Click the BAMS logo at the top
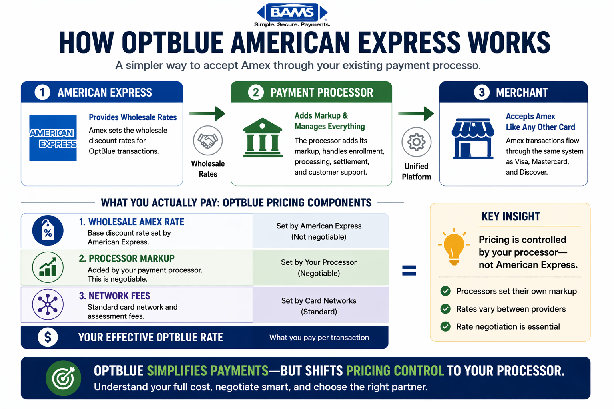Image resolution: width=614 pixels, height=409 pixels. (x=292, y=13)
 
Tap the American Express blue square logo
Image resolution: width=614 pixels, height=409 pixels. (x=53, y=138)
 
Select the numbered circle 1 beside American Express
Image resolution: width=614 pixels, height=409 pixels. (x=42, y=92)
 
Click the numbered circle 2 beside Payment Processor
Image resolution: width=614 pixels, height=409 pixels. (x=256, y=92)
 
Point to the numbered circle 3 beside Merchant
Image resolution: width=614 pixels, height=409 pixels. (x=482, y=92)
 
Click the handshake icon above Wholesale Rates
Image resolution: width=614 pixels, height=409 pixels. (x=208, y=141)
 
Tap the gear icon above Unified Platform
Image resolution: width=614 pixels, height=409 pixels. (x=416, y=142)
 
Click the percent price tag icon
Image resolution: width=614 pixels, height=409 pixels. (x=48, y=231)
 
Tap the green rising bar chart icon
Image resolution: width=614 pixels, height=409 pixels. (x=48, y=267)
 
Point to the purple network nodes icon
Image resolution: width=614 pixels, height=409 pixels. (x=48, y=304)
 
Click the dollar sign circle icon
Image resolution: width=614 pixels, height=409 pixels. (x=48, y=337)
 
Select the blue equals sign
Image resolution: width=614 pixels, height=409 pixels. (x=409, y=271)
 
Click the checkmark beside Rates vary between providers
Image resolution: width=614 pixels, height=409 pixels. (x=445, y=309)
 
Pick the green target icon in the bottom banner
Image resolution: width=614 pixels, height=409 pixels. (x=63, y=378)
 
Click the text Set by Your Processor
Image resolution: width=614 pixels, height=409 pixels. (x=319, y=262)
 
